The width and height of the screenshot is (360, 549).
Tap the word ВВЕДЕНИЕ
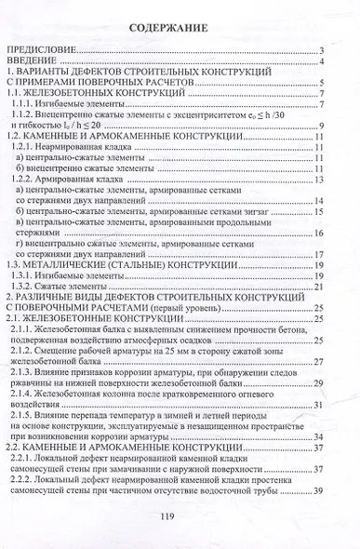(33, 62)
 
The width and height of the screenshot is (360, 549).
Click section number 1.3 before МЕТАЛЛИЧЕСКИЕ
(15, 265)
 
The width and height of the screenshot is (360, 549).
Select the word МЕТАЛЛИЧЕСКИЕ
(71, 265)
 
